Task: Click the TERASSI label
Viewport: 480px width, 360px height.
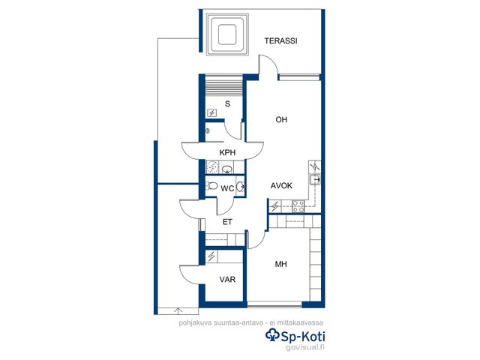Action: pyautogui.click(x=280, y=40)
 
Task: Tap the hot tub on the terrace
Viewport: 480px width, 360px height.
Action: pyautogui.click(x=227, y=34)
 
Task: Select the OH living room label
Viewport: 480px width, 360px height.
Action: pyautogui.click(x=281, y=119)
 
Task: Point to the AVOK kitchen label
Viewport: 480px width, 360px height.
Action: pyautogui.click(x=281, y=185)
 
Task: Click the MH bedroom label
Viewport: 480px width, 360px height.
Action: pyautogui.click(x=280, y=264)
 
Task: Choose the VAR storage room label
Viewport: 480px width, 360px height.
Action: pyautogui.click(x=227, y=279)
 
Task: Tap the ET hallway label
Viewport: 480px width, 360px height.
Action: pyautogui.click(x=227, y=222)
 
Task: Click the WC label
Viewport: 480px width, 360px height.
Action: pyautogui.click(x=227, y=188)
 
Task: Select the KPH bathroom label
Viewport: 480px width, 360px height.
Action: pyautogui.click(x=227, y=152)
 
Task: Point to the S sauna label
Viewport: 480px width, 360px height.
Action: pyautogui.click(x=227, y=103)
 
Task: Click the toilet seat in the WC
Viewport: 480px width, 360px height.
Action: pyautogui.click(x=211, y=186)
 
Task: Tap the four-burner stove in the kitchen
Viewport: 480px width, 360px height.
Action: pyautogui.click(x=298, y=206)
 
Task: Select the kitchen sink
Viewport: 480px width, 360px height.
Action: pyautogui.click(x=314, y=179)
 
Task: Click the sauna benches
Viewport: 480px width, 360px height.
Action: pyautogui.click(x=223, y=85)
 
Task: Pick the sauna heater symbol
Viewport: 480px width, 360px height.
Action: pyautogui.click(x=211, y=113)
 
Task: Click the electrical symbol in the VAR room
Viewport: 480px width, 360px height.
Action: pyautogui.click(x=211, y=256)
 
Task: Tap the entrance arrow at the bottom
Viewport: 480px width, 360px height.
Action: pyautogui.click(x=178, y=310)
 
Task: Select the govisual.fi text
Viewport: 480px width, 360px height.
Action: pyautogui.click(x=305, y=347)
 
